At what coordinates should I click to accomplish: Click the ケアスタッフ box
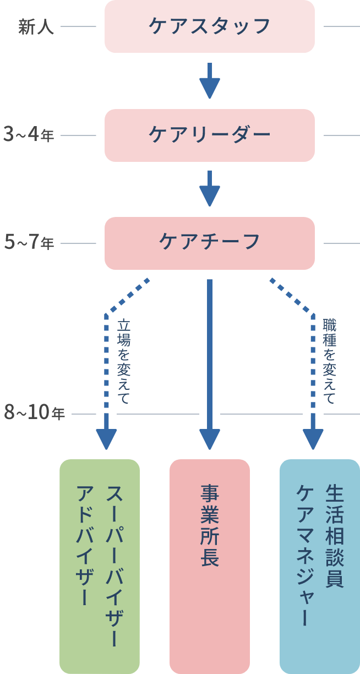pyautogui.click(x=209, y=26)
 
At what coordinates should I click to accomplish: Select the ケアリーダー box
pyautogui.click(x=209, y=135)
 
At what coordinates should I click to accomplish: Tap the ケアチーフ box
pyautogui.click(x=209, y=243)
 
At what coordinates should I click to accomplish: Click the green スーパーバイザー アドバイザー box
pyautogui.click(x=100, y=566)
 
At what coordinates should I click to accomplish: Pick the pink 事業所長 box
pyautogui.click(x=210, y=566)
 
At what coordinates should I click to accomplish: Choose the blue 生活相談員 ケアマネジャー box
pyautogui.click(x=320, y=566)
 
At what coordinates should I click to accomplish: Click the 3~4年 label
pyautogui.click(x=29, y=135)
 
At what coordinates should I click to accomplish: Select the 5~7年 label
pyautogui.click(x=29, y=243)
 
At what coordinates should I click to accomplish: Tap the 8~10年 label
pyautogui.click(x=35, y=413)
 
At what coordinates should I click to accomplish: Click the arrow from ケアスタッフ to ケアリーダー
pyautogui.click(x=209, y=80)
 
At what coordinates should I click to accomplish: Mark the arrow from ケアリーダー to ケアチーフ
pyautogui.click(x=209, y=188)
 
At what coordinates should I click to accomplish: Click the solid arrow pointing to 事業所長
pyautogui.click(x=210, y=363)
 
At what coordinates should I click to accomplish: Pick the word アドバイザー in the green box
pyautogui.click(x=84, y=545)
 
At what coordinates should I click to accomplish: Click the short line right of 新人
pyautogui.click(x=78, y=26)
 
